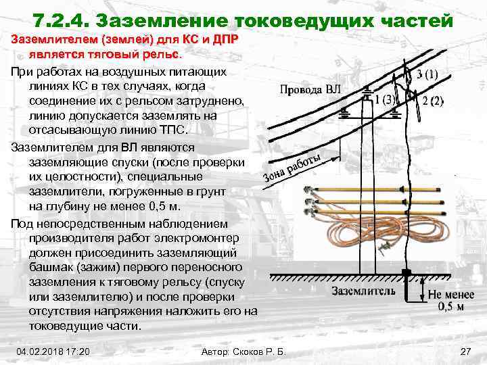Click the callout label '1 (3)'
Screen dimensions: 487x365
385,99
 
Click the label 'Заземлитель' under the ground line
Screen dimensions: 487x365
363,291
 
